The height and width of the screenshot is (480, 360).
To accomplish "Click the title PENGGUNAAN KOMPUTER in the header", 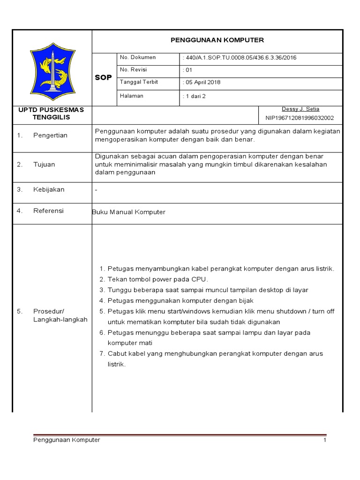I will click(217, 40).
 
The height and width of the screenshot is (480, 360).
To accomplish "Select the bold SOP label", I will click(104, 78).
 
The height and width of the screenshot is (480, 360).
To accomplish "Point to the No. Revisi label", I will click(134, 70).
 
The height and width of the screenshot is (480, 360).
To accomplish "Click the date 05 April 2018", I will click(201, 82).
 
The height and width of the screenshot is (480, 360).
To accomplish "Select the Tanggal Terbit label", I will click(139, 82).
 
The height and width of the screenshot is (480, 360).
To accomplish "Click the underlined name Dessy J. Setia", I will click(300, 109).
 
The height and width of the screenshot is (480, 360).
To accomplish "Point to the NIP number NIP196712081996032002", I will click(300, 118).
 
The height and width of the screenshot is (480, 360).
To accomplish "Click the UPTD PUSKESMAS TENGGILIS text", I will click(51, 113).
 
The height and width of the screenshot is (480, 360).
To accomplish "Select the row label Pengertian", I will click(50, 135).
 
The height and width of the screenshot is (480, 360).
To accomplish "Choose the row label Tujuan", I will click(44, 165).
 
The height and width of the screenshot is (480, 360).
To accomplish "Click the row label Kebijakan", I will click(49, 190).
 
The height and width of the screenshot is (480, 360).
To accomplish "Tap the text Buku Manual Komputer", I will click(129, 212).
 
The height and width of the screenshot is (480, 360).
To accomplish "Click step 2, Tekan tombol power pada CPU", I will click(154, 279).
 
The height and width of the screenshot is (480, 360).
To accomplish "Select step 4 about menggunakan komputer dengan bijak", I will click(180, 300).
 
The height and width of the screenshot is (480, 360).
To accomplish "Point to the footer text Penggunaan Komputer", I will click(67, 440).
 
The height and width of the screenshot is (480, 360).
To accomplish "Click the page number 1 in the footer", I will click(324, 441).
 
